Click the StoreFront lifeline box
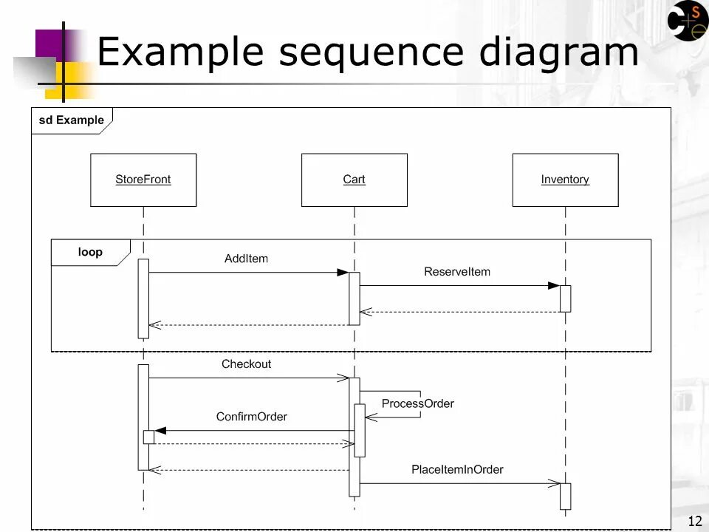coord(143,180)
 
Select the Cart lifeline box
coord(354,180)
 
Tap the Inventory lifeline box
coord(565,180)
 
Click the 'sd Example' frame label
coord(71,120)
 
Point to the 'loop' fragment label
coord(90,252)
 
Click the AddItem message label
coord(246,259)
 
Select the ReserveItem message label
coord(457,272)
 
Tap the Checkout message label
coord(246,364)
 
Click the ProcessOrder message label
coord(417,403)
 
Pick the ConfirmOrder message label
coord(252,417)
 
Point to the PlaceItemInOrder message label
coord(457,469)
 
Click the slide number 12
coord(693,522)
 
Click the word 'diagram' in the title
coord(558,53)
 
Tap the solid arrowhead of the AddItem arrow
coord(343,273)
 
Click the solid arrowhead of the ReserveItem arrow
coord(554,286)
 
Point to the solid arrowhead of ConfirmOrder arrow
coord(160,431)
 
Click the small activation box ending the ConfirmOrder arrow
coord(148,437)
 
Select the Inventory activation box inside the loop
coord(565,299)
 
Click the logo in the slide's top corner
coord(688,21)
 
